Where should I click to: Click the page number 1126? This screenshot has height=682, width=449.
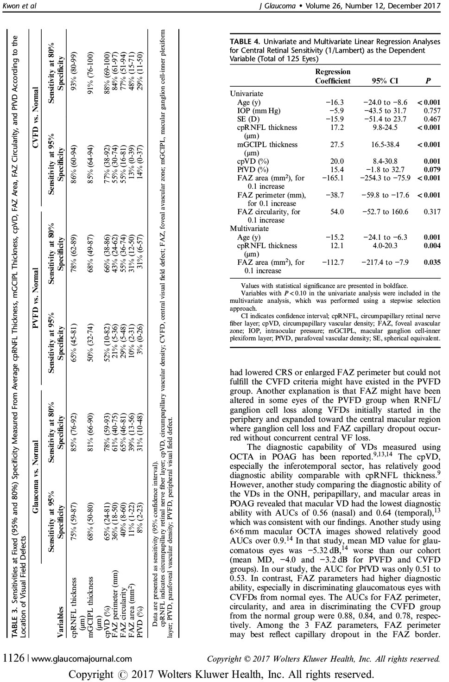click(x=14, y=658)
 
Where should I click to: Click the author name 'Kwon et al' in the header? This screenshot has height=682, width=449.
click(x=19, y=6)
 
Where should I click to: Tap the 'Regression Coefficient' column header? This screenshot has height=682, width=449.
click(x=333, y=76)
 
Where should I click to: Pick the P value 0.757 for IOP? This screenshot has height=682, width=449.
click(x=432, y=111)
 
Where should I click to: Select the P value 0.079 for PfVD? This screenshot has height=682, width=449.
click(x=432, y=170)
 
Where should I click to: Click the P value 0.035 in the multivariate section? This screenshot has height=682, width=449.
click(x=432, y=262)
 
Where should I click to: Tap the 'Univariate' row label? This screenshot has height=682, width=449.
click(x=247, y=94)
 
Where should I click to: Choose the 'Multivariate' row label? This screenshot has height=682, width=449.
click(x=249, y=229)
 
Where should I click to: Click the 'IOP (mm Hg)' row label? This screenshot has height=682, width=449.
click(x=259, y=111)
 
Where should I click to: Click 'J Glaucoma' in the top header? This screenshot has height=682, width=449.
click(x=281, y=6)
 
